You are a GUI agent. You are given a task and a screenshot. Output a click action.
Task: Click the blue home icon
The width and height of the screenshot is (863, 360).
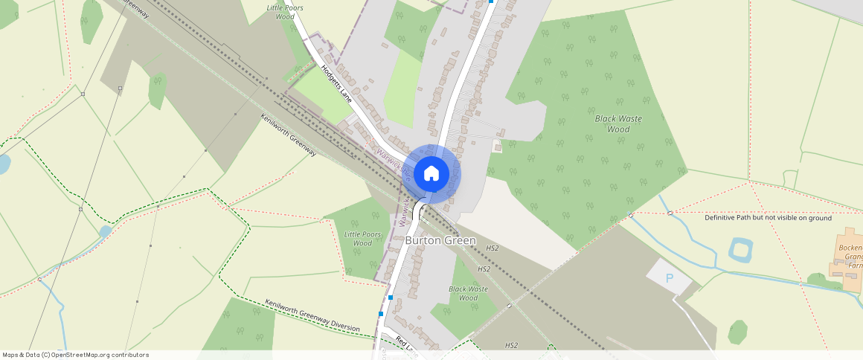pyautogui.click(x=431, y=174)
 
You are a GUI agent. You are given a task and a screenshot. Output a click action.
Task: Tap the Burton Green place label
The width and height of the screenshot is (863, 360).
pyautogui.click(x=440, y=241)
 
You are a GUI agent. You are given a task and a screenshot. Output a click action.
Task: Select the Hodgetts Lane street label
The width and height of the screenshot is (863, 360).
pyautogui.click(x=336, y=83)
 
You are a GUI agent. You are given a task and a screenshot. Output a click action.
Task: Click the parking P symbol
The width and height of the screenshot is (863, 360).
pyautogui.click(x=669, y=278)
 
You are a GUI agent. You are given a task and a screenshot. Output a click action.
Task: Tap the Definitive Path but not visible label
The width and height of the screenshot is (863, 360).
pyautogui.click(x=768, y=218)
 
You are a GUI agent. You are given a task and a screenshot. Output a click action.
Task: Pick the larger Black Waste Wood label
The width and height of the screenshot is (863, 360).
pyautogui.click(x=618, y=123)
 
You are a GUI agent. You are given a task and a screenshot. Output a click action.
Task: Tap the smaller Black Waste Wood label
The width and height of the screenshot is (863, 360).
pyautogui.click(x=468, y=293)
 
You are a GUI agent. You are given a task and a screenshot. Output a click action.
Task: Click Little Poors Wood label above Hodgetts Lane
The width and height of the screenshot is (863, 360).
pyautogui.click(x=285, y=11)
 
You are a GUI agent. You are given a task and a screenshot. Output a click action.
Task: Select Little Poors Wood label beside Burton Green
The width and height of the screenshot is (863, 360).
pyautogui.click(x=362, y=239)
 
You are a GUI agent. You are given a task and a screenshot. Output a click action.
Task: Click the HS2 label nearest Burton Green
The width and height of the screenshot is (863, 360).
pyautogui.click(x=492, y=248)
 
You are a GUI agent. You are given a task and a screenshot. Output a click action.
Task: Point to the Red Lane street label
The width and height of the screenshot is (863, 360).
pyautogui.click(x=405, y=343)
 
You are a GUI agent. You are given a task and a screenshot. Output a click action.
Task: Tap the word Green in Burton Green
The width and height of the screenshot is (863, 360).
pyautogui.click(x=460, y=241)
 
